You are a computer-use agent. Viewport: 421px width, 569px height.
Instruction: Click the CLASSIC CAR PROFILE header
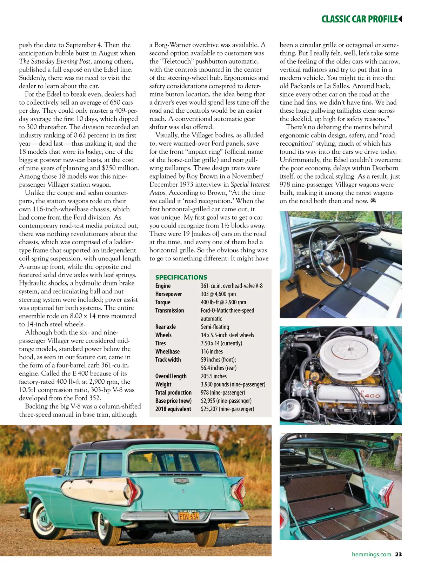pos(359,19)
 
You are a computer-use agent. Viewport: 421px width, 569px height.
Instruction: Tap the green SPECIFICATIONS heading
pos(181,277)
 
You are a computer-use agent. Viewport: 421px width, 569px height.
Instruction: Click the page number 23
pos(398,555)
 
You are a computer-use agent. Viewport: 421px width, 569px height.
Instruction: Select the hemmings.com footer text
pos(371,555)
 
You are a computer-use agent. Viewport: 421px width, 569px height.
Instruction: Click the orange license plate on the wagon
pos(188,516)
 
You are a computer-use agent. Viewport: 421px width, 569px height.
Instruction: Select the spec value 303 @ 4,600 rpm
pos(218,294)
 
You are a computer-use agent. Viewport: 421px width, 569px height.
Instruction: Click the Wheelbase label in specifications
pos(167,351)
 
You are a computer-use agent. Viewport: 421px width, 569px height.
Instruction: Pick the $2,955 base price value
pos(226,401)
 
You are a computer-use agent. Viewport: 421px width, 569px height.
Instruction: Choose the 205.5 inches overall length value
pos(214,376)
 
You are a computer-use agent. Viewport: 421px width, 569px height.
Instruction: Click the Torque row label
pos(163,302)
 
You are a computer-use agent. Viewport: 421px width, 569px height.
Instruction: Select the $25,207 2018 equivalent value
pos(227,409)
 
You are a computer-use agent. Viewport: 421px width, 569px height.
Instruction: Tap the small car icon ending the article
pos(373,201)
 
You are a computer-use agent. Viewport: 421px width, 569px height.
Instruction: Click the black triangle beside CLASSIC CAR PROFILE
pos(400,19)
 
